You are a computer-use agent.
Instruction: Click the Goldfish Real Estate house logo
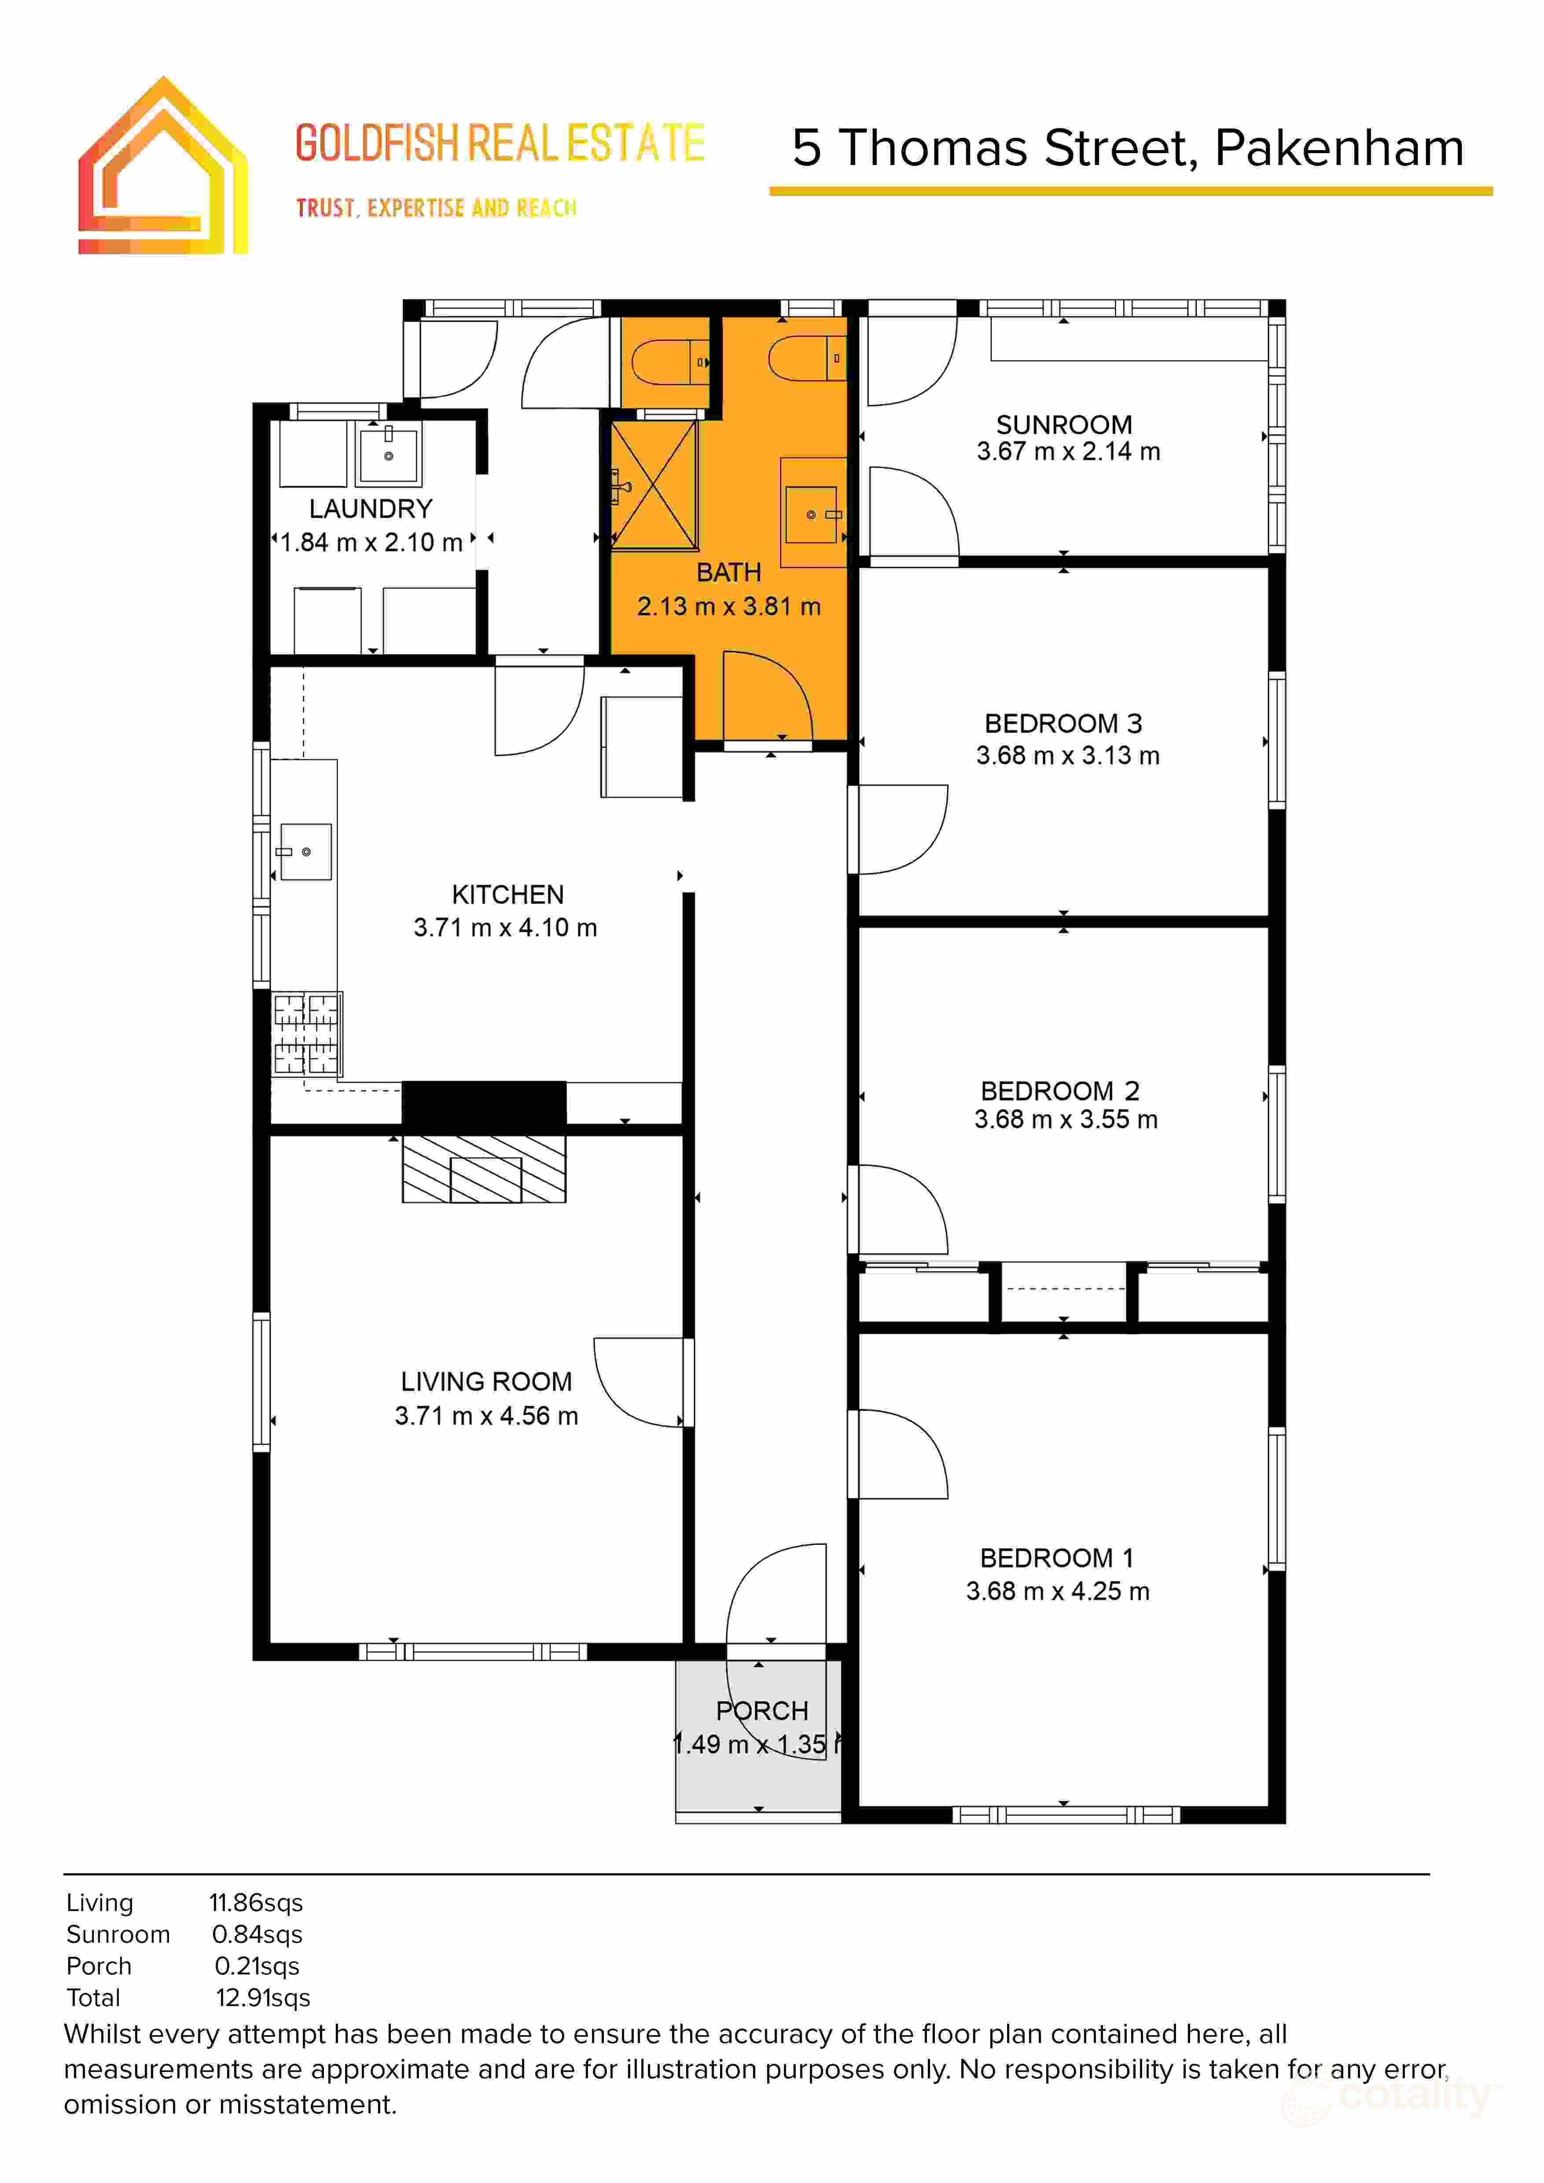(x=162, y=166)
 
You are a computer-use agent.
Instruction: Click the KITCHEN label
(x=507, y=895)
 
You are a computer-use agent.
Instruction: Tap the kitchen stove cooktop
(x=306, y=1034)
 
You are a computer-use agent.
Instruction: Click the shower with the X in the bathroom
(x=654, y=485)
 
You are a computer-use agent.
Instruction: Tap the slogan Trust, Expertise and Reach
(x=436, y=208)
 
